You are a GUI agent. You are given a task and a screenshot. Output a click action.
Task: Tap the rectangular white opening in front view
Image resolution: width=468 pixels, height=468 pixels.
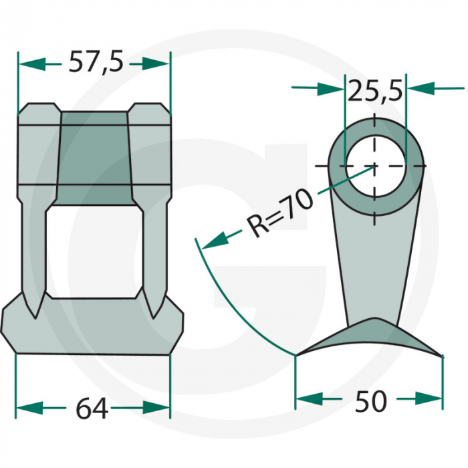[x=94, y=251]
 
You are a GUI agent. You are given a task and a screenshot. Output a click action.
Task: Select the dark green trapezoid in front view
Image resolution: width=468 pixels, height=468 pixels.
[x=94, y=158]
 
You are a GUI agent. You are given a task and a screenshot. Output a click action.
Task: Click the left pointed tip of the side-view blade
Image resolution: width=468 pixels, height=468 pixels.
[x=297, y=355]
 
